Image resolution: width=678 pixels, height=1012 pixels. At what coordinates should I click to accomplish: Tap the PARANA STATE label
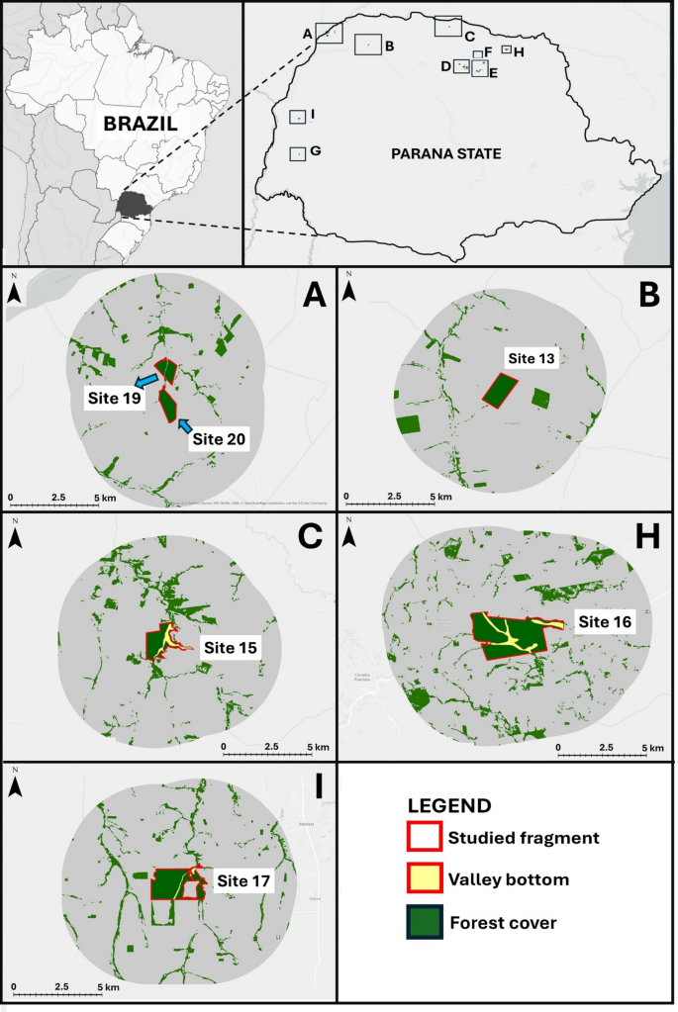pos(445,154)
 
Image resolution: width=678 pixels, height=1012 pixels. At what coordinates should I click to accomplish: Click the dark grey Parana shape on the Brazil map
pos(132,205)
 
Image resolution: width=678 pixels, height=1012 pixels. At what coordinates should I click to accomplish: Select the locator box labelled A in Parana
pos(329,35)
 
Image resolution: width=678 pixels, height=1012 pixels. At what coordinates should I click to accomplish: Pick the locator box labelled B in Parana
pos(367,45)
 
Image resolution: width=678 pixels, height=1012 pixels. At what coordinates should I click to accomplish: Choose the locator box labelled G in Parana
pos(297,154)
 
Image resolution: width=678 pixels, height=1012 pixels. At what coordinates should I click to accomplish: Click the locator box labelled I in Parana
pos(297,117)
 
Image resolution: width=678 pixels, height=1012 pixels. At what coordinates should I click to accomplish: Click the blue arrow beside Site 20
pos(184,425)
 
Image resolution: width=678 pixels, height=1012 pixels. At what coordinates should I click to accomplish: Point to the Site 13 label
pos(532,358)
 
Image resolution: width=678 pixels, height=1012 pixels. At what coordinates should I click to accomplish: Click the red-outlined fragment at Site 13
pos(500,390)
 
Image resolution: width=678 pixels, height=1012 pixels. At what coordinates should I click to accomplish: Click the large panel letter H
pos(647,536)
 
